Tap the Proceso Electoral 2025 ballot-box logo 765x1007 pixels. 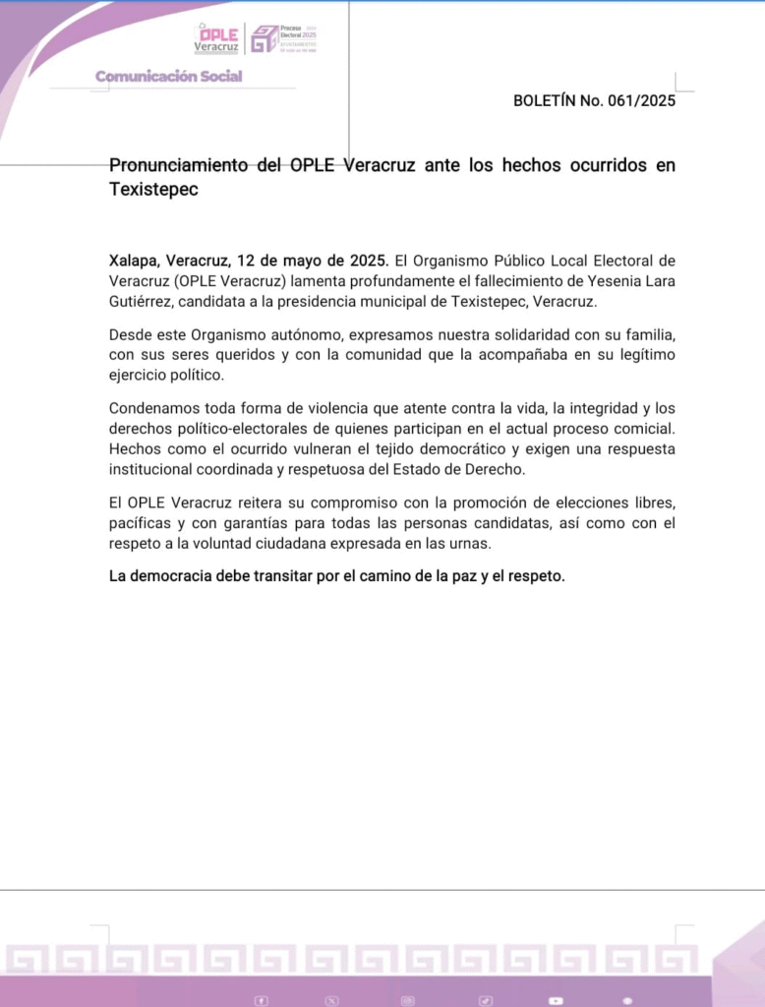(265, 39)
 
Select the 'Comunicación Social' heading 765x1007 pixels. (168, 77)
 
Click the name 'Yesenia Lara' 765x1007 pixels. (632, 281)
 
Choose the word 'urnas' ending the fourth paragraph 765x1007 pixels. (465, 543)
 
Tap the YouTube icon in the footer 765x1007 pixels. (557, 1000)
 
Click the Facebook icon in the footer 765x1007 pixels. (262, 1000)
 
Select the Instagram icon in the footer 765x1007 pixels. (408, 1000)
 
